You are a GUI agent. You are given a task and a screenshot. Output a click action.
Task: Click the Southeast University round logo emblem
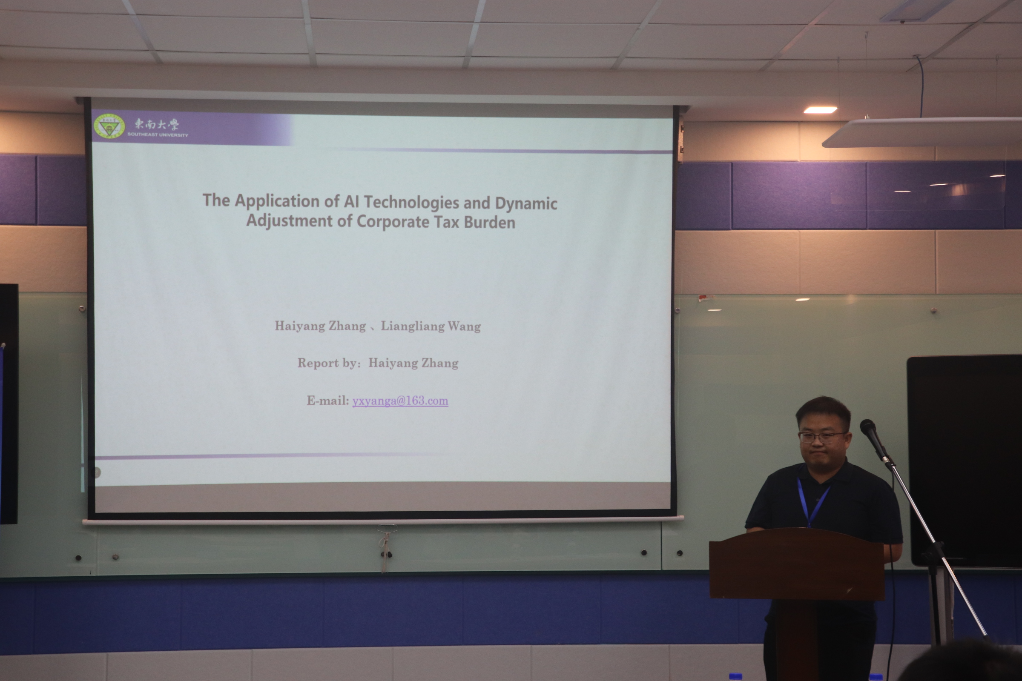point(109,126)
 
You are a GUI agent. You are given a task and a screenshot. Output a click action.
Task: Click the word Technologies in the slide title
point(411,202)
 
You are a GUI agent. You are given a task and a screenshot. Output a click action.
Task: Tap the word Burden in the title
point(489,222)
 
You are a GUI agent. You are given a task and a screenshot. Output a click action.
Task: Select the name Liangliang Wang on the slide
point(431,326)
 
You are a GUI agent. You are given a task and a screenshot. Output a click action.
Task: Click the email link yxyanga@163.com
point(400,401)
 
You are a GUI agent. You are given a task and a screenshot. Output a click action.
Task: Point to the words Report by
point(329,363)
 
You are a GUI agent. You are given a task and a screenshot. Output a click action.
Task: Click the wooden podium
point(797,604)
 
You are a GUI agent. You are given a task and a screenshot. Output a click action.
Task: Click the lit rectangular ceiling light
point(820,110)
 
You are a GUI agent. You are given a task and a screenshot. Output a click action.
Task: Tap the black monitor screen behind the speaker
point(964,461)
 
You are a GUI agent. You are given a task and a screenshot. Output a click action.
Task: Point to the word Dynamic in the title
point(526,203)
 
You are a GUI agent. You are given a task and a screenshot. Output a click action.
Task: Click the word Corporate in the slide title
point(393,221)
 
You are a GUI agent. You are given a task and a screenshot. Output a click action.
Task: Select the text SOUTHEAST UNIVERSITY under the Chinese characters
point(158,135)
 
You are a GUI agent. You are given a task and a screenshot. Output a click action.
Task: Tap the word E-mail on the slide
point(327,401)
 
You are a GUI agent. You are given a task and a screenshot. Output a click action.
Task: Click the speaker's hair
point(823,410)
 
